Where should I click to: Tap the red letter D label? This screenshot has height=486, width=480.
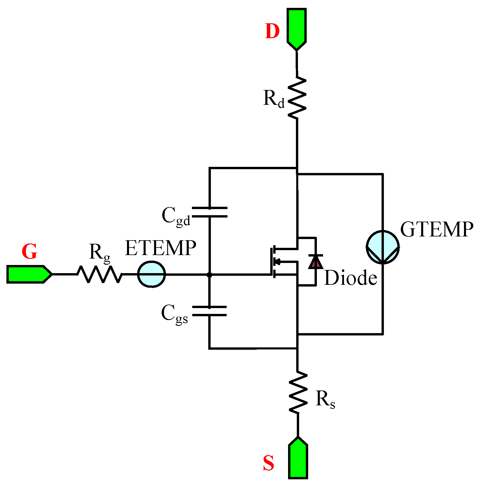tap(272, 31)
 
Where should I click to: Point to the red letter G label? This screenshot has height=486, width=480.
tap(29, 251)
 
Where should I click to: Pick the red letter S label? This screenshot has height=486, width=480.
tap(269, 463)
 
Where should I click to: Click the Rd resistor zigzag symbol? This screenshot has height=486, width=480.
tap(297, 98)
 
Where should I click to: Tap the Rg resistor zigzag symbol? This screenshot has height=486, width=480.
tap(99, 274)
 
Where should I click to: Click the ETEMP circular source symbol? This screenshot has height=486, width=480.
tap(151, 274)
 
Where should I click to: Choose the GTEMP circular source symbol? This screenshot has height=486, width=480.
tap(383, 247)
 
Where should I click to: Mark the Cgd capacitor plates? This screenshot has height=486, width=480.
tap(210, 212)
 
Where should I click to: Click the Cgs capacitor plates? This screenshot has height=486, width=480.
tap(209, 311)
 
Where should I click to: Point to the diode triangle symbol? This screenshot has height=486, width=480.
tap(316, 261)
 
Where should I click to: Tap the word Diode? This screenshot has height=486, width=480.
tap(350, 278)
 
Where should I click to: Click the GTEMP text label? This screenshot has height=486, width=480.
tap(437, 229)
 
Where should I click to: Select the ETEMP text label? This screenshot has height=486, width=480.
tap(160, 248)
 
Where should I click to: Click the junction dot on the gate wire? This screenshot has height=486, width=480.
tap(209, 275)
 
